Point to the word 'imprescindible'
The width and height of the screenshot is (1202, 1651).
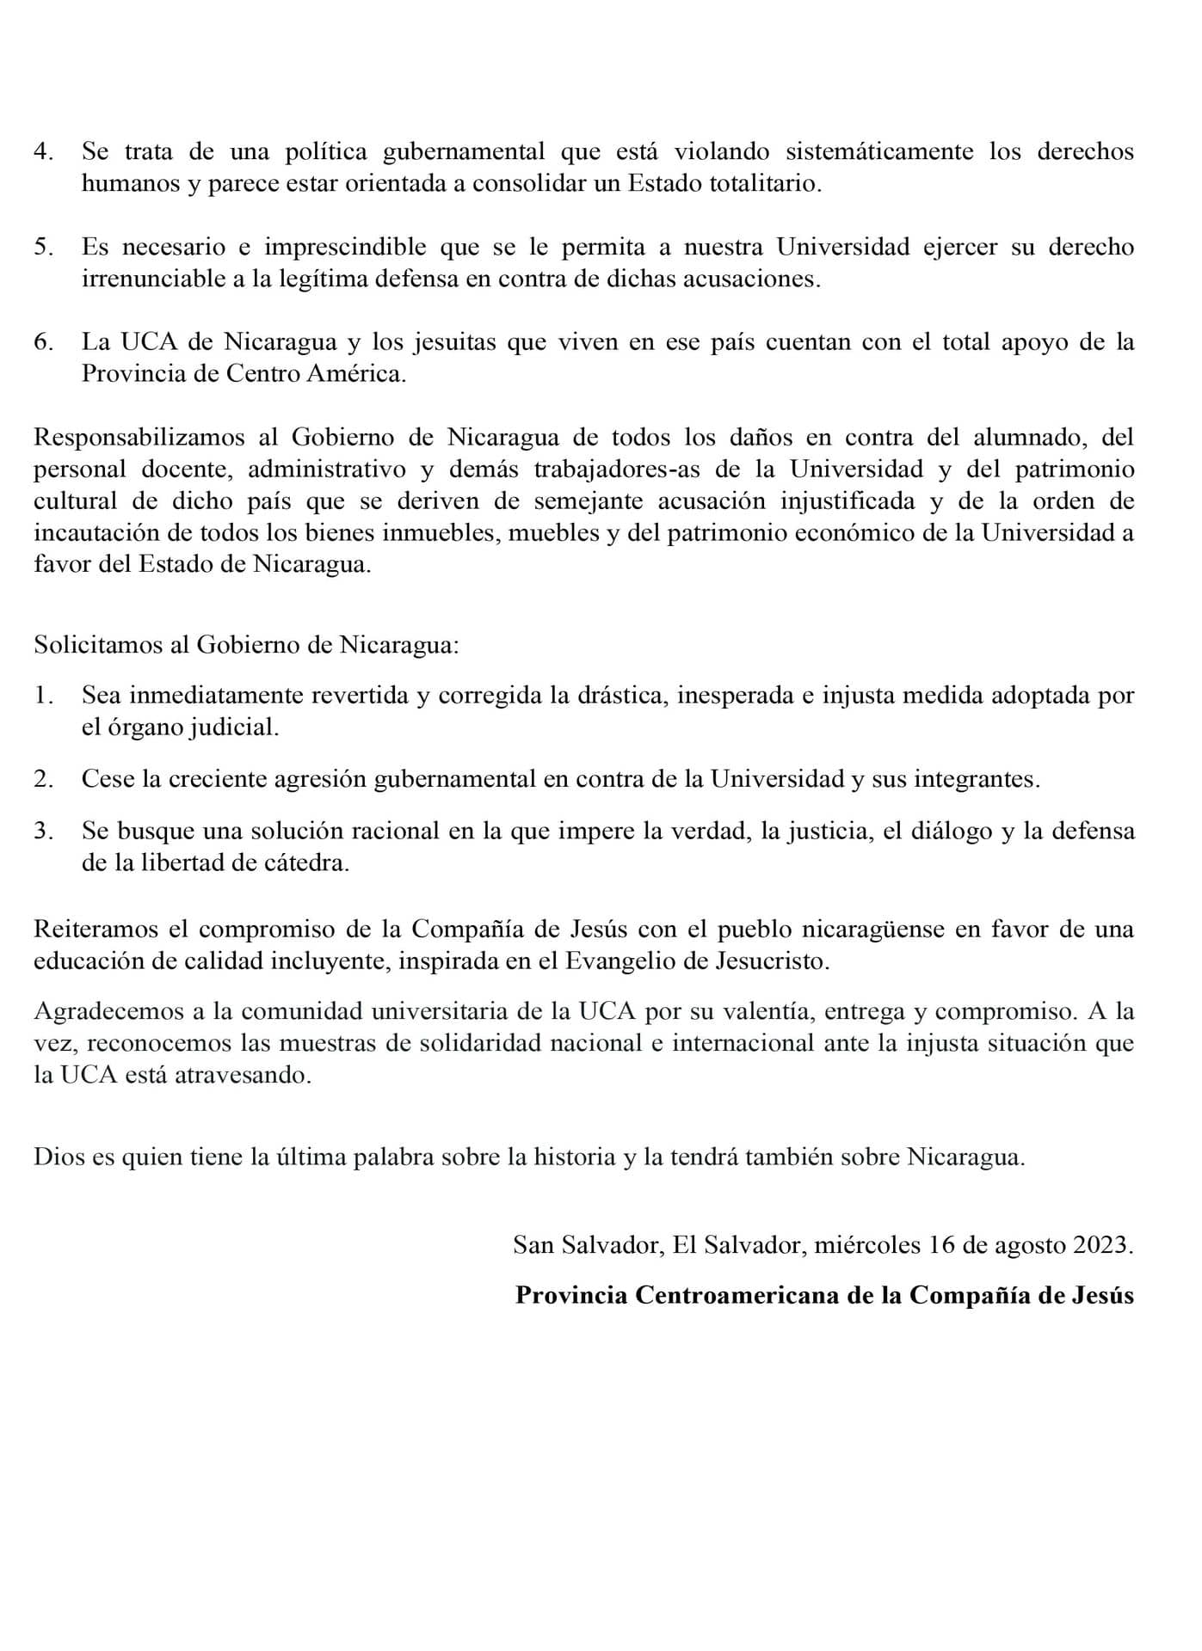[x=345, y=248]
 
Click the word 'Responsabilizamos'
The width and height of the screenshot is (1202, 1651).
[x=139, y=438]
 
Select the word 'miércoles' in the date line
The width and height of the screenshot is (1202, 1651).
[x=866, y=1246]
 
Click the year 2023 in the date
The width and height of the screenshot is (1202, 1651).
[x=1102, y=1246]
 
